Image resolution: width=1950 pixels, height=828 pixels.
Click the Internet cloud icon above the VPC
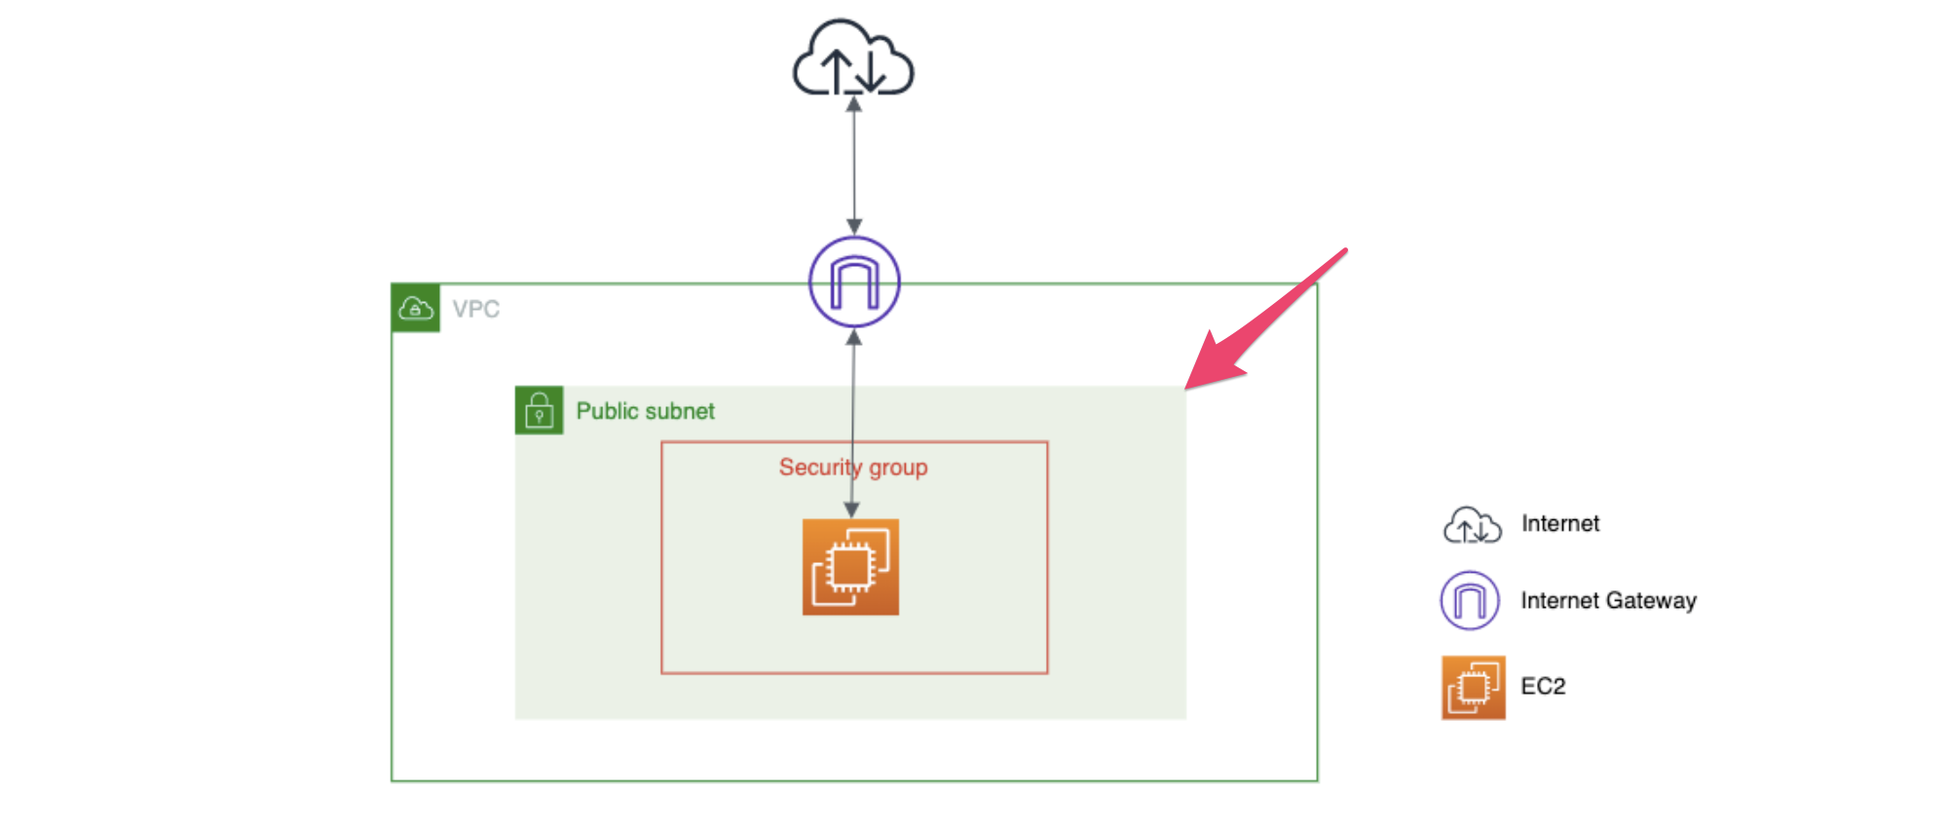[853, 58]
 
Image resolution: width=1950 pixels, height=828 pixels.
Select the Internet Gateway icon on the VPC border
[854, 282]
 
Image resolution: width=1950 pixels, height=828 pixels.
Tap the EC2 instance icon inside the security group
[850, 567]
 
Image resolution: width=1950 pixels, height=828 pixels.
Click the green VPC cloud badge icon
[416, 308]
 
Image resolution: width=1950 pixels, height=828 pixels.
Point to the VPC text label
[476, 309]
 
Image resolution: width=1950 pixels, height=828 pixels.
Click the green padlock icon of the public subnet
[539, 410]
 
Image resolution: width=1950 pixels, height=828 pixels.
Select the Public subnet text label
[645, 411]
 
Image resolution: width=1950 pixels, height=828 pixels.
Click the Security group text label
[853, 468]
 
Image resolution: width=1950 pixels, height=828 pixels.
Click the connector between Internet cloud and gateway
[854, 166]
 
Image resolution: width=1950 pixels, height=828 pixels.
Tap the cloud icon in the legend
[1472, 525]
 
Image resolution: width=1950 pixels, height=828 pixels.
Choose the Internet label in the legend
[1560, 524]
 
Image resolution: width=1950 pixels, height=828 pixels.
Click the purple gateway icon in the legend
[1470, 600]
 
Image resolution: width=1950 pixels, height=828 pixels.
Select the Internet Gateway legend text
[1608, 601]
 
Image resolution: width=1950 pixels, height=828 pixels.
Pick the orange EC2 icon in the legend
[1473, 687]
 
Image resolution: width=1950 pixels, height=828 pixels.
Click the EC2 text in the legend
[1543, 687]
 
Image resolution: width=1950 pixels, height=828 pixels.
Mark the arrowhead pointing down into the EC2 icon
[851, 510]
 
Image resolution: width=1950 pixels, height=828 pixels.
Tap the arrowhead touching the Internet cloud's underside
[853, 103]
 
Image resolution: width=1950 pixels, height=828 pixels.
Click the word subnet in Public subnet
[679, 411]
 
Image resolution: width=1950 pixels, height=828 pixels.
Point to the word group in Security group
[898, 469]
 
